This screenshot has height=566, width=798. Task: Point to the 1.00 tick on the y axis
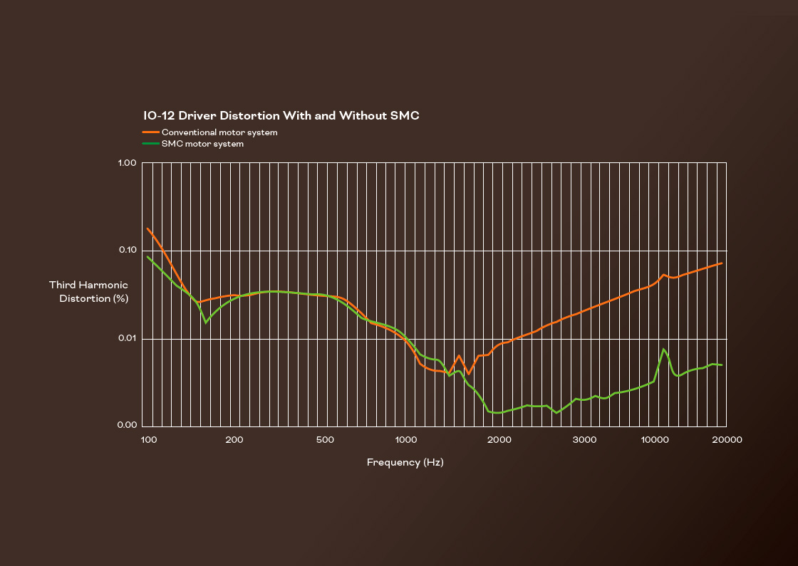pyautogui.click(x=127, y=163)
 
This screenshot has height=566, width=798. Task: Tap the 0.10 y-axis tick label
pyautogui.click(x=127, y=251)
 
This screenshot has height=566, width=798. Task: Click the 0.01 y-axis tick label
pyautogui.click(x=127, y=338)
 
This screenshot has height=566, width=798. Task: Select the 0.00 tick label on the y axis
pyautogui.click(x=127, y=426)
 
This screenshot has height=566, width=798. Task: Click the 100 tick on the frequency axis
pyautogui.click(x=148, y=439)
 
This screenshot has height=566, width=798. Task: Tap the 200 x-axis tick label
pyautogui.click(x=234, y=439)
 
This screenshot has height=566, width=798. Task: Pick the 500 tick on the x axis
pyautogui.click(x=325, y=439)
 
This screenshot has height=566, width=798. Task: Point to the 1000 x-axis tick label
pyautogui.click(x=406, y=439)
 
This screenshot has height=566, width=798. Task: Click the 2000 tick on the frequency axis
pyautogui.click(x=499, y=439)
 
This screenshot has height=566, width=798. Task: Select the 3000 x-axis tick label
pyautogui.click(x=585, y=439)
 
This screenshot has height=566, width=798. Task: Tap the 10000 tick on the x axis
pyautogui.click(x=653, y=439)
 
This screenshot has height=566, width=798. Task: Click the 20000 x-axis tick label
pyautogui.click(x=727, y=439)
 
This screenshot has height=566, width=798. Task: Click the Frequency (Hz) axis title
pyautogui.click(x=405, y=463)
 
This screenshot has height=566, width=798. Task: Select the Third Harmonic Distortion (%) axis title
pyautogui.click(x=89, y=292)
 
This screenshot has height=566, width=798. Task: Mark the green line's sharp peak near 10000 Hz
pyautogui.click(x=663, y=349)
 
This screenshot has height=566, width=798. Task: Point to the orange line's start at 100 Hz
pyautogui.click(x=147, y=229)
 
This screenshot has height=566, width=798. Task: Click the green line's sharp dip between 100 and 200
pyautogui.click(x=206, y=323)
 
